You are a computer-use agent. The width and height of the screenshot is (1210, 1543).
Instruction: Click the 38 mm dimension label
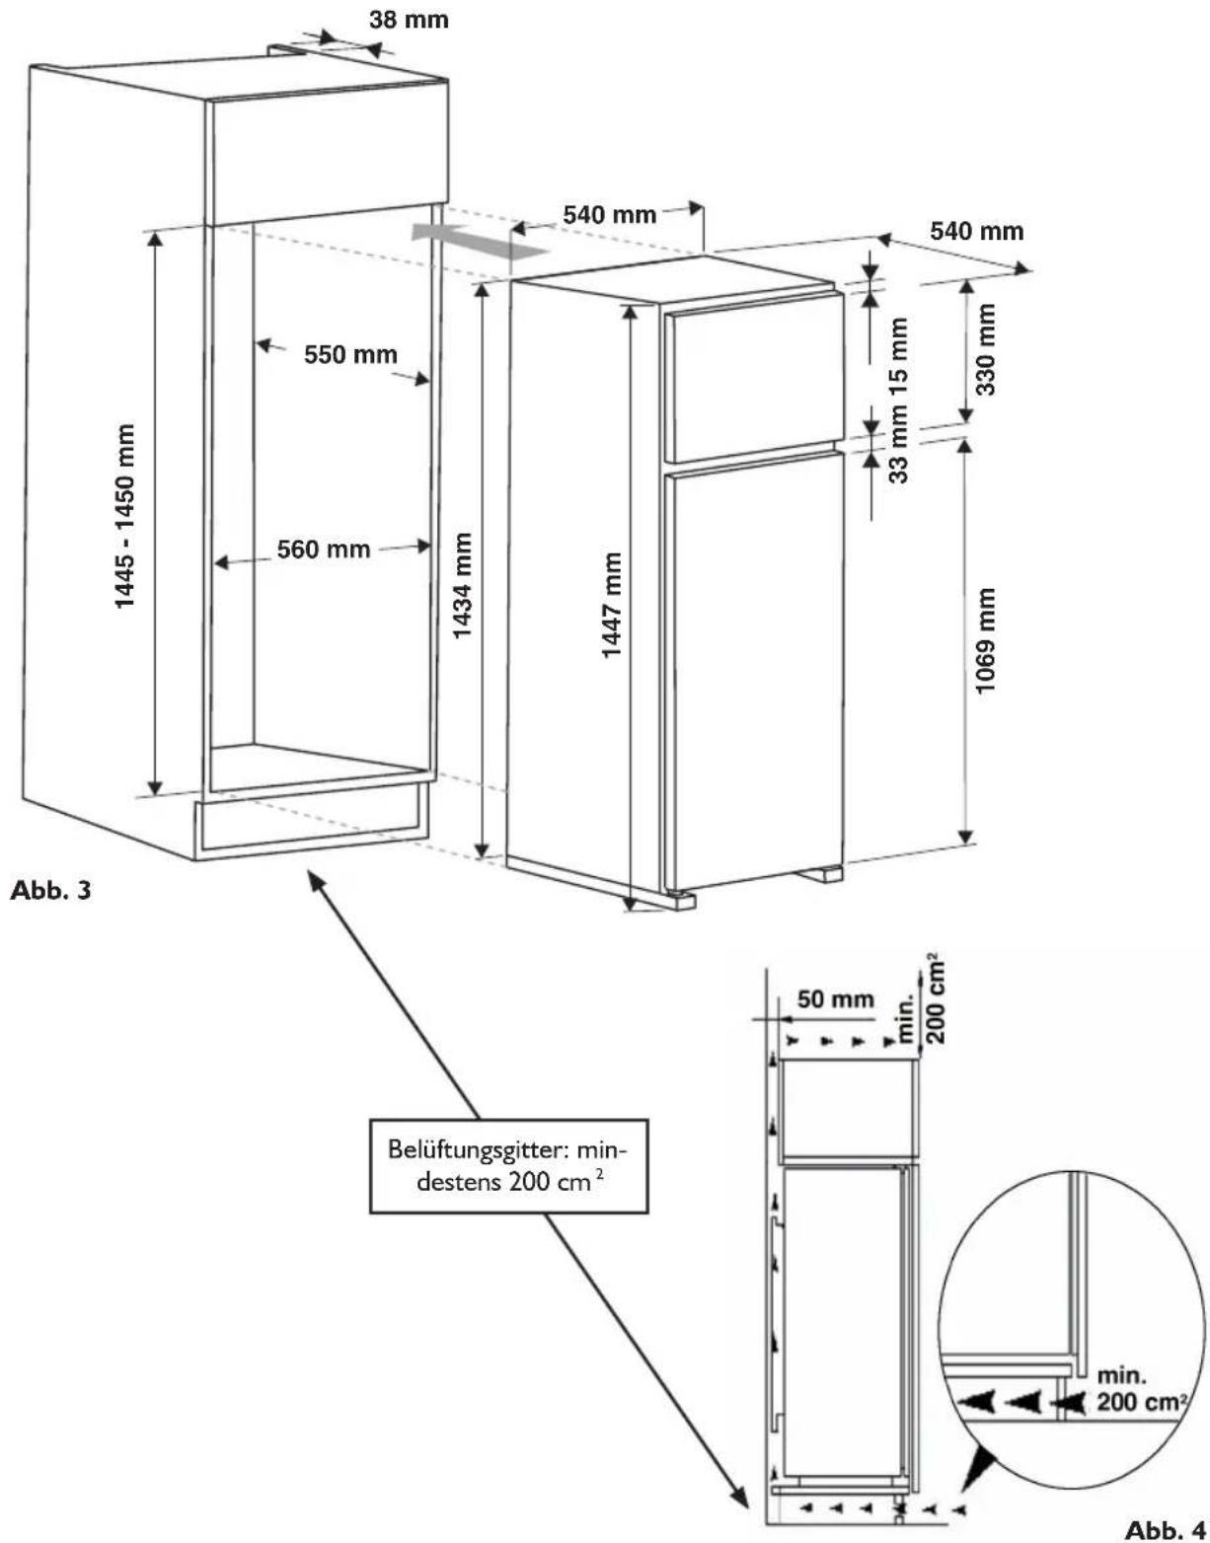[409, 20]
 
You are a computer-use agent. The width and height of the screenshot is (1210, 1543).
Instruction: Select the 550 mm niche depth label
[350, 354]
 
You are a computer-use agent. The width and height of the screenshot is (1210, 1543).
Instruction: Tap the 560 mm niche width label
[324, 550]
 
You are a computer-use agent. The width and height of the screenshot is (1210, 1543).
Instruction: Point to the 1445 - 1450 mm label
[125, 516]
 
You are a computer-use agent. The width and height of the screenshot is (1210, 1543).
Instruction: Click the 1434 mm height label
[462, 585]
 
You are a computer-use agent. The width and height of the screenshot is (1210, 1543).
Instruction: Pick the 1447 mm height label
[611, 605]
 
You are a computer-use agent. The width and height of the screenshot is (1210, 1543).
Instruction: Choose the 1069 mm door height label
[986, 641]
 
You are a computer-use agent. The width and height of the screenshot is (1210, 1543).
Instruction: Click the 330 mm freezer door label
[986, 349]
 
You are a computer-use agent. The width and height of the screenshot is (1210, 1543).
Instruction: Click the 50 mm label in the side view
[835, 999]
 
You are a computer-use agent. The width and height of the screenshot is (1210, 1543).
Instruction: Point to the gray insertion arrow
[481, 240]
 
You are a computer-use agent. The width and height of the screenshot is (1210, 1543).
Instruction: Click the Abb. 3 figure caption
[50, 891]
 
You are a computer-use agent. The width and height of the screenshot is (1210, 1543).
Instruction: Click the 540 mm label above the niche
[609, 214]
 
